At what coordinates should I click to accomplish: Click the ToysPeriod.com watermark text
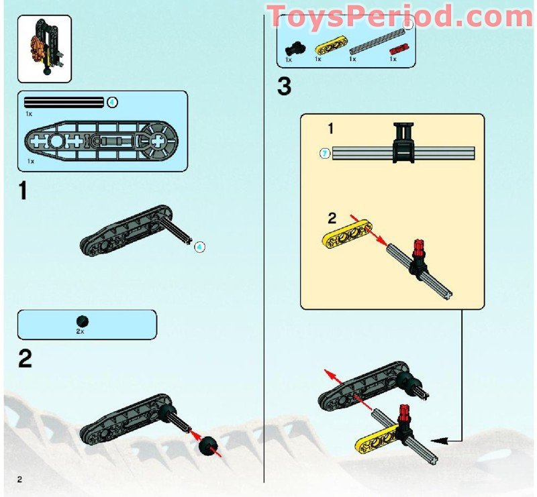click(x=400, y=15)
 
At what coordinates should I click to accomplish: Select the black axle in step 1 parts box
click(x=64, y=103)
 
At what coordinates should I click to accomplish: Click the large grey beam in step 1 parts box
click(x=101, y=142)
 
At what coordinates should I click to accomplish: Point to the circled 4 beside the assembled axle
click(x=199, y=247)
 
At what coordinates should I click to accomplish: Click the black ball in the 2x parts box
click(x=82, y=321)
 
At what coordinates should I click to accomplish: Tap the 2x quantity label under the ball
click(x=81, y=331)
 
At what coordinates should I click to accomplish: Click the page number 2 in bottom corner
click(x=20, y=478)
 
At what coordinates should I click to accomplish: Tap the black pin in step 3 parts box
click(x=295, y=48)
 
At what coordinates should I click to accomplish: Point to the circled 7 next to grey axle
click(x=325, y=153)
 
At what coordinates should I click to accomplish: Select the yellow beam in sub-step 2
click(x=348, y=235)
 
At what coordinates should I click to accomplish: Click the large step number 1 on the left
click(x=23, y=191)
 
